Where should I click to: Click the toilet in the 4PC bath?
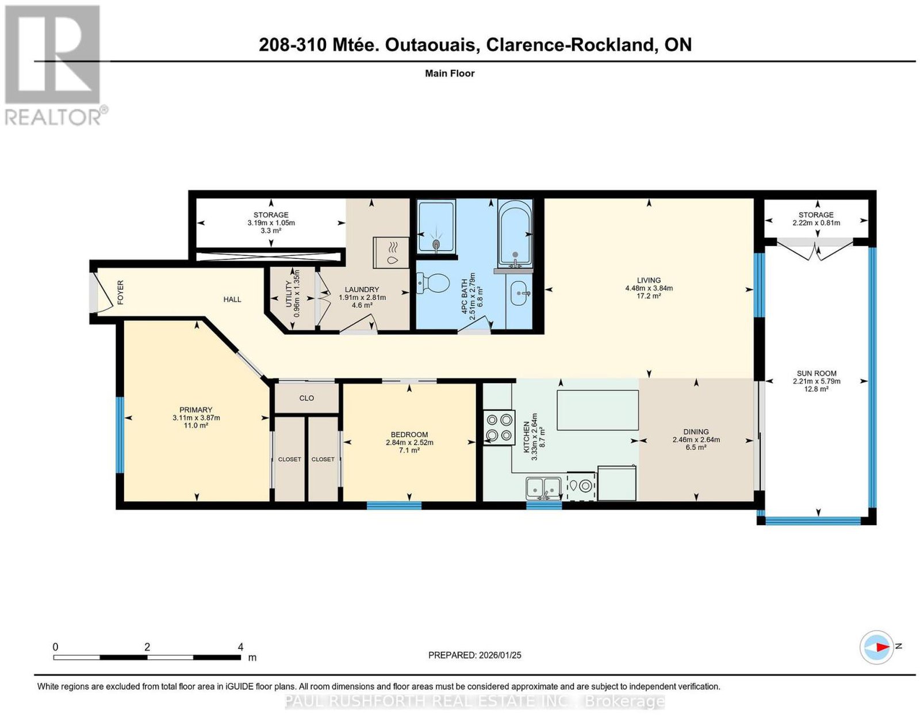point(433,283)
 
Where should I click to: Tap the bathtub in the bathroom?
point(515,232)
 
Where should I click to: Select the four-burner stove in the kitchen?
point(499,427)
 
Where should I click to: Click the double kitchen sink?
point(543,489)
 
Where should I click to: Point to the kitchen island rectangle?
point(597,410)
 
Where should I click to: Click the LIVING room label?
point(649,280)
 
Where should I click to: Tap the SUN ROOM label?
point(816,373)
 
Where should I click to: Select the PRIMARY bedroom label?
point(195,410)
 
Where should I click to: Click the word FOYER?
point(121,293)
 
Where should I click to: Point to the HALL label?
point(232,300)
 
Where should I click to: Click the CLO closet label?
point(306,399)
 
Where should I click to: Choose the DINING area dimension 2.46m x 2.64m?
point(696,440)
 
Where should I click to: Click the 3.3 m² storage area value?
point(271,231)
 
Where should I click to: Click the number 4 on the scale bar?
point(240,647)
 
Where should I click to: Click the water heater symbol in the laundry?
point(391,253)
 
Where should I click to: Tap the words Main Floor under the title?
point(450,73)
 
